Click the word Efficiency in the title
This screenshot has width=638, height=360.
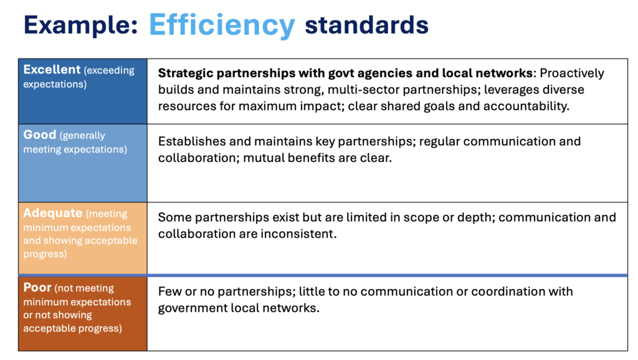(x=222, y=25)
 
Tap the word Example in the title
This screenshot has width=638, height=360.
(x=80, y=25)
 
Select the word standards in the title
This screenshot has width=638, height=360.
(x=366, y=25)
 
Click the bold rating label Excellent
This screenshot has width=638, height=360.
(x=52, y=70)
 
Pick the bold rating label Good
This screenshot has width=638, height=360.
(x=39, y=135)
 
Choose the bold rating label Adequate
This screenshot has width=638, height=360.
(x=52, y=213)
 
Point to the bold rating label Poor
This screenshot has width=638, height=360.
(x=37, y=287)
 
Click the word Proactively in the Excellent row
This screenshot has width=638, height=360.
(x=572, y=73)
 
